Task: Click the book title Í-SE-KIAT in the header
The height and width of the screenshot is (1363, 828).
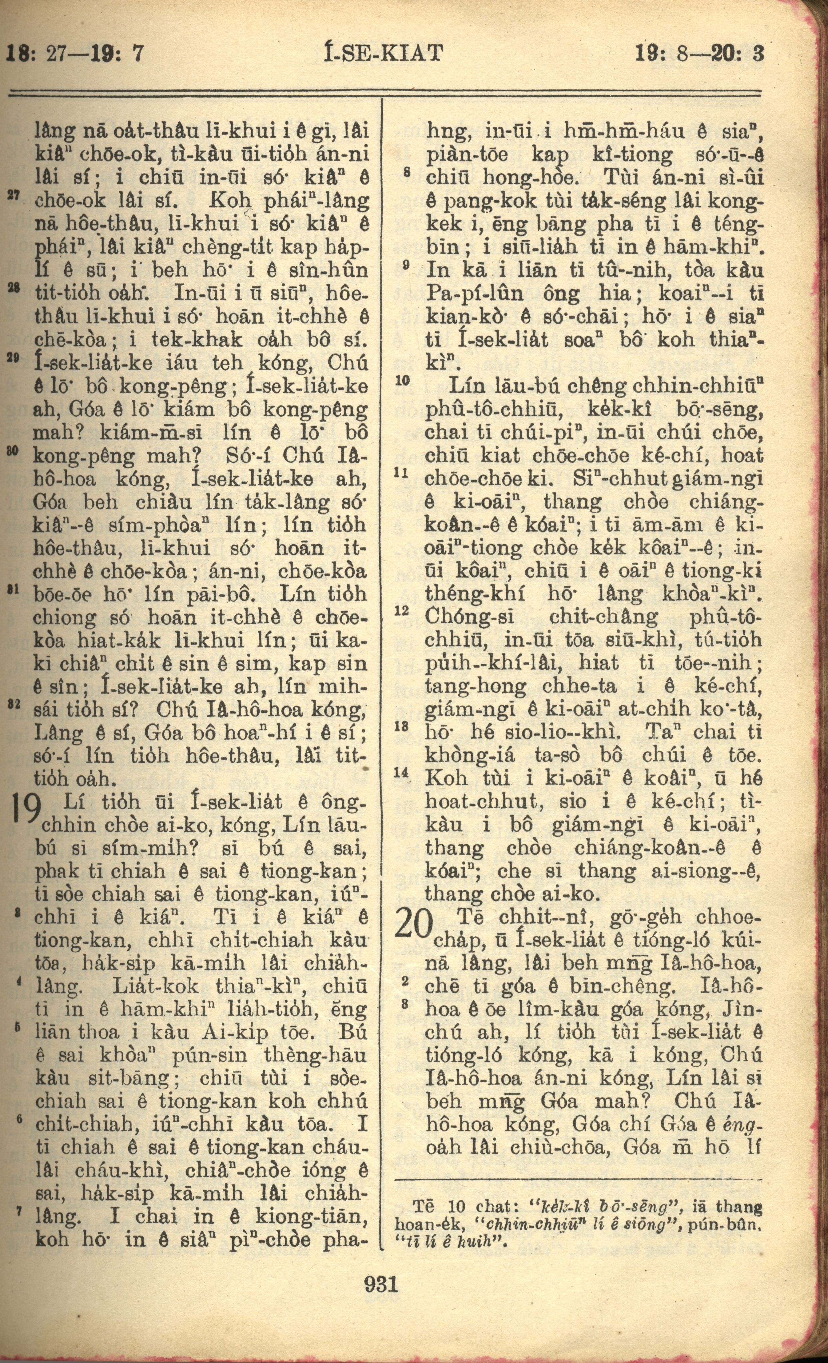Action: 382,54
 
